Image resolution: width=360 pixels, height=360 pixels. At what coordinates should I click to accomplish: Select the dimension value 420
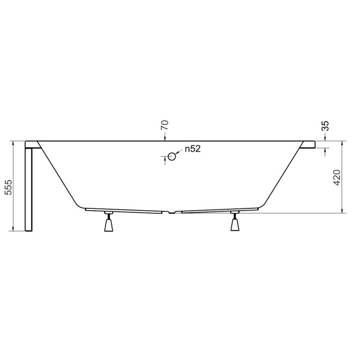337,178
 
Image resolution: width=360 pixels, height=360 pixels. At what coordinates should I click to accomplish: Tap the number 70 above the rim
165,124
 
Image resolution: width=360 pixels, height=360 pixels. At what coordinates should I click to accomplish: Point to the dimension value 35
326,125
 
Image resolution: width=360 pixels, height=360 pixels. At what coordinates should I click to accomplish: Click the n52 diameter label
192,149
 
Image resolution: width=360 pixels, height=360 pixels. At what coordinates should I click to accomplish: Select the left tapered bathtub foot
108,225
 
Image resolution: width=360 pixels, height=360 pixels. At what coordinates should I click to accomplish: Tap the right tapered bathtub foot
235,225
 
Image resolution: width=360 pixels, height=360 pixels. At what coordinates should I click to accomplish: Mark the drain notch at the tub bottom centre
172,212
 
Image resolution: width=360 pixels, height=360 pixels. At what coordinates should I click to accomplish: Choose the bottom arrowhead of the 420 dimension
343,210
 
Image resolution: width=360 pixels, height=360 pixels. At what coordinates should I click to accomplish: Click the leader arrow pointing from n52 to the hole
179,152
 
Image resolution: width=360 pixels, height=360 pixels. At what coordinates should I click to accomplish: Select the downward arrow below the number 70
165,138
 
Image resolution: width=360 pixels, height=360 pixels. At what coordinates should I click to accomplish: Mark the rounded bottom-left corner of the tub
80,204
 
